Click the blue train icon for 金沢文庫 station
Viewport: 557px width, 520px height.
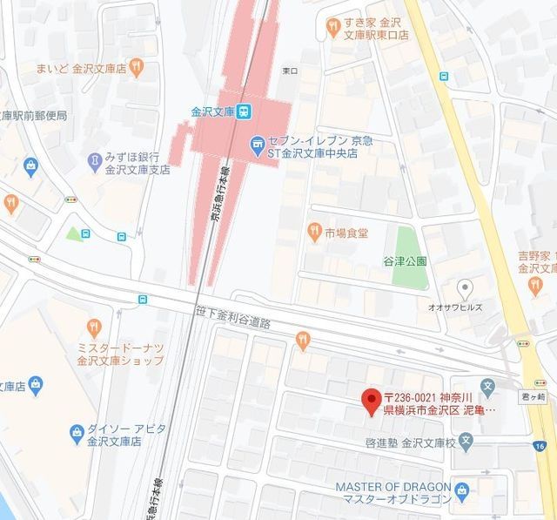(x=245, y=111)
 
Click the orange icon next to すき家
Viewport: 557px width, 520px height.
(x=332, y=28)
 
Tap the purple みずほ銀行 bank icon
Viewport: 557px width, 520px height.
(x=95, y=160)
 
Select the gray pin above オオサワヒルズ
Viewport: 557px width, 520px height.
(x=466, y=287)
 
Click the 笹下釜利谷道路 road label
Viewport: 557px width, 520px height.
(x=233, y=317)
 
